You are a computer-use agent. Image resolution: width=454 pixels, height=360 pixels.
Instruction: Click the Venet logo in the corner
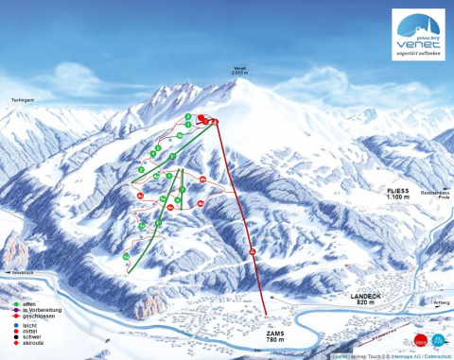click(418, 35)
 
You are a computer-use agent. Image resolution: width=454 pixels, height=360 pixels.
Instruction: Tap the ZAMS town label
click(276, 334)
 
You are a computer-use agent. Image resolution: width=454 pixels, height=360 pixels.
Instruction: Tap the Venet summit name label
click(242, 68)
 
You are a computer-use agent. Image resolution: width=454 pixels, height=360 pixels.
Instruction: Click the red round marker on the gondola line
click(253, 250)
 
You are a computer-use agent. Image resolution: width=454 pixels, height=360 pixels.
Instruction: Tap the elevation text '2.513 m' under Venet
click(242, 73)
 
